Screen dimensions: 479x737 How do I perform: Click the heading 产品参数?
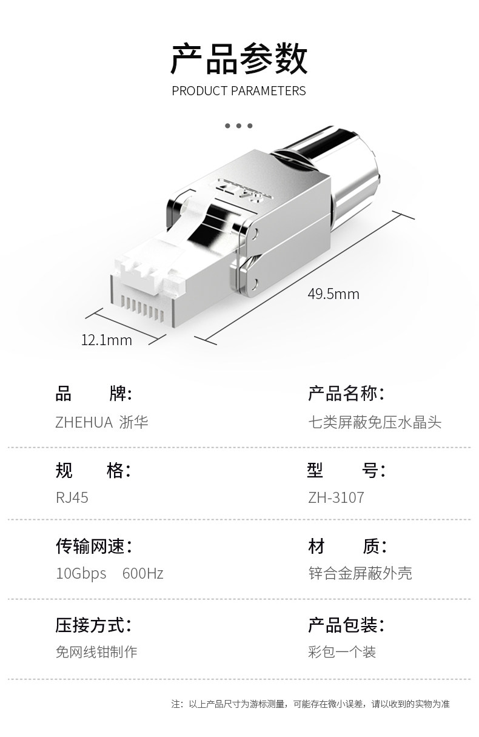(239, 59)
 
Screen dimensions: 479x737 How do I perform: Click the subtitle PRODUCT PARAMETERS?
(239, 92)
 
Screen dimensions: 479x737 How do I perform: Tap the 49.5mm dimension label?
(333, 295)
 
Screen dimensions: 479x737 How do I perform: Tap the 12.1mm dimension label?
(107, 340)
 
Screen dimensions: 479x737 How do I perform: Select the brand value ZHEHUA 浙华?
(102, 422)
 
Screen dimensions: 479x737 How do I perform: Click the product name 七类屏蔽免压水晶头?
(375, 422)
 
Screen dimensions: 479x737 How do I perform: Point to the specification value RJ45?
(72, 498)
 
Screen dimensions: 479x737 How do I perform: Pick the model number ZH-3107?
(336, 498)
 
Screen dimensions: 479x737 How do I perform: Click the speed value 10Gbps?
(81, 573)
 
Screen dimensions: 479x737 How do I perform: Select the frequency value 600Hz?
(142, 573)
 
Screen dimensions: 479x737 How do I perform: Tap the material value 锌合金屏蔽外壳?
(360, 573)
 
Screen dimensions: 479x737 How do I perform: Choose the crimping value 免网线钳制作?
(96, 652)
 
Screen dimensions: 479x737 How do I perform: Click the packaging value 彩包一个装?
(342, 652)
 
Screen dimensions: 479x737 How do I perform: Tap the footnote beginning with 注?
(310, 704)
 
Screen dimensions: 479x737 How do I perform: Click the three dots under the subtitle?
(239, 126)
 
